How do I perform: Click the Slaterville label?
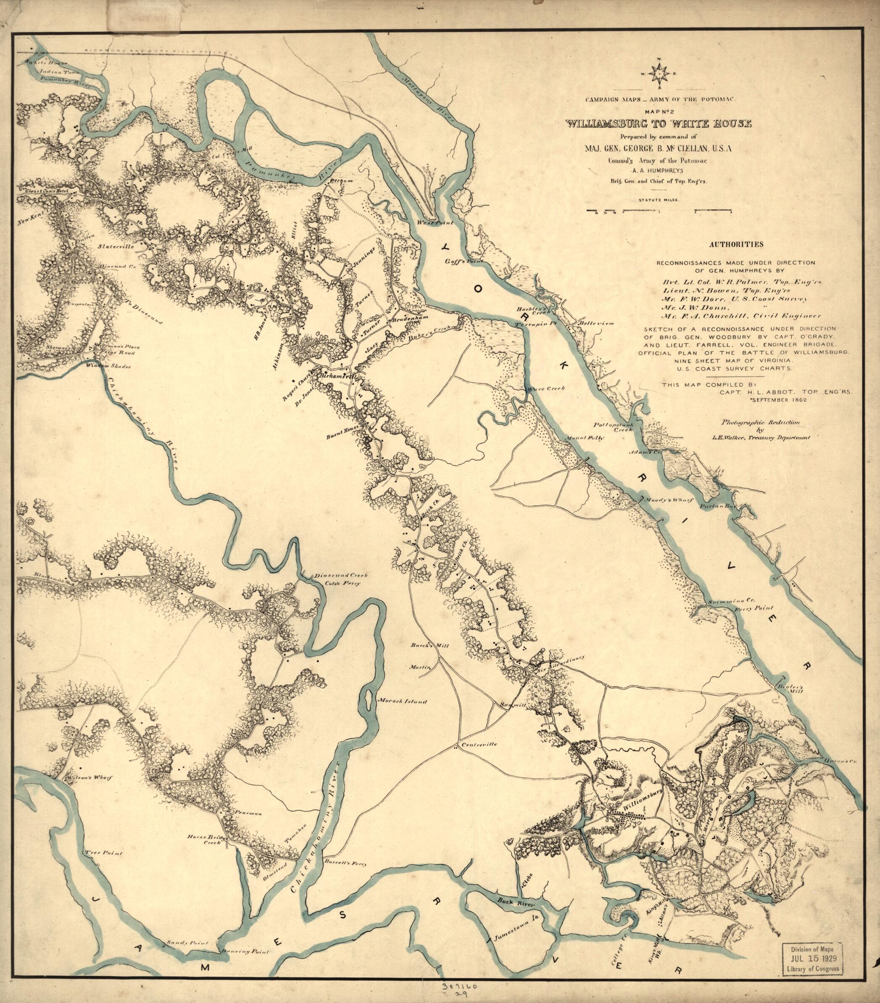click(x=116, y=247)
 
